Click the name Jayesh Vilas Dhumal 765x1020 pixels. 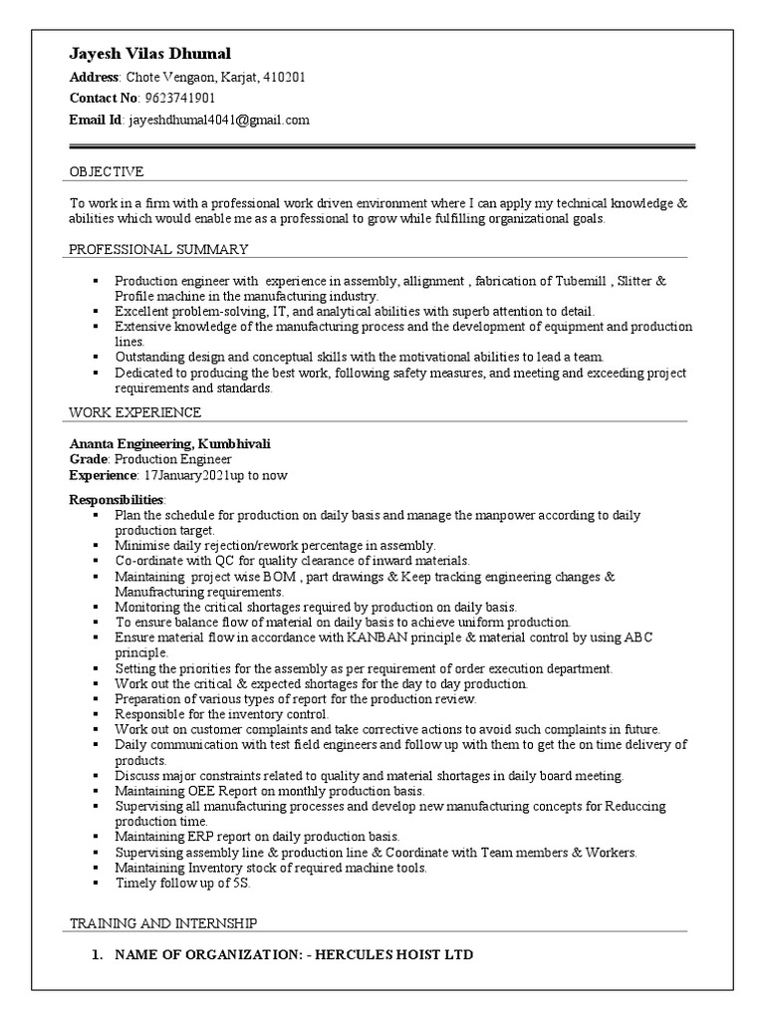click(x=149, y=53)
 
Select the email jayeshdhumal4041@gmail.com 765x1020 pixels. click(x=217, y=120)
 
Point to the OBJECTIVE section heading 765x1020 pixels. click(x=107, y=171)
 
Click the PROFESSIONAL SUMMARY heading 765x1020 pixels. click(x=158, y=249)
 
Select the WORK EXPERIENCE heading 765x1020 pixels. click(x=134, y=411)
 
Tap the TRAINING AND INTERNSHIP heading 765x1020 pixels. click(x=163, y=923)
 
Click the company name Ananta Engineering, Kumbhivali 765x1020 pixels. click(x=169, y=442)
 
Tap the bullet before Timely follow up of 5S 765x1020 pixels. click(x=95, y=883)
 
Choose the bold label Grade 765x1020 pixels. click(x=88, y=459)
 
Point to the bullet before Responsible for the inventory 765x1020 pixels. click(x=95, y=714)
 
